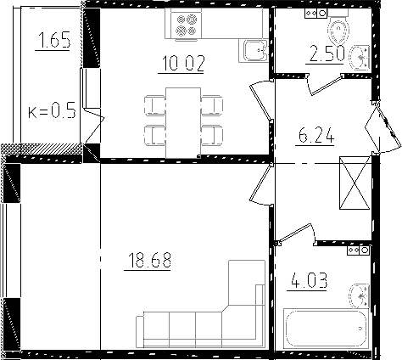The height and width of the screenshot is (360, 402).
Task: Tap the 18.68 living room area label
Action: (148, 261)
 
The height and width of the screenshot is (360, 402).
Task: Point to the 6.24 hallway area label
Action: (313, 135)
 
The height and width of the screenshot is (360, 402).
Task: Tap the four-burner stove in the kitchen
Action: (184, 27)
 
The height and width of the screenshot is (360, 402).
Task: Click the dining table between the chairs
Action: (181, 120)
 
